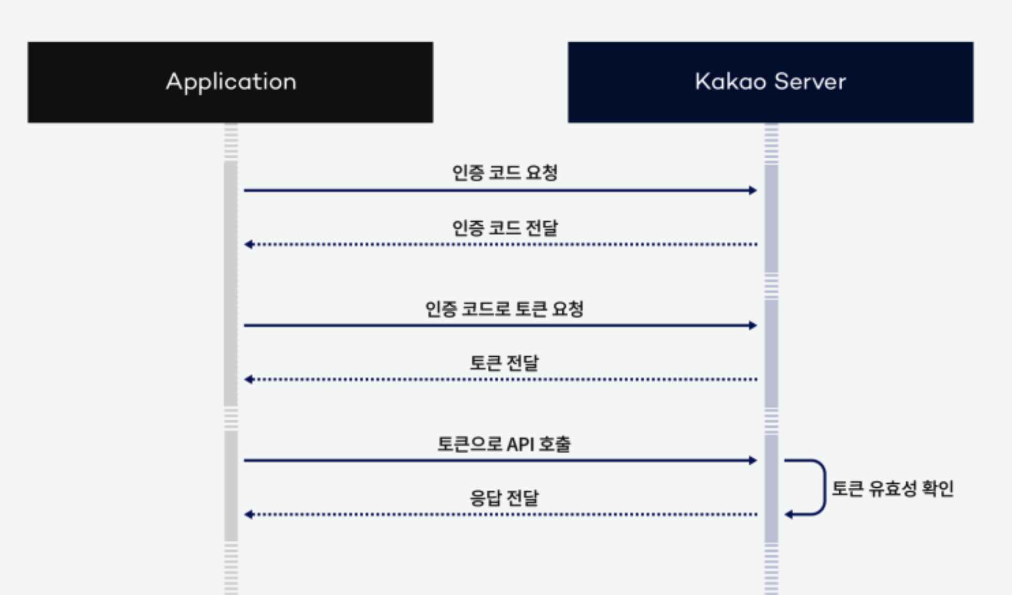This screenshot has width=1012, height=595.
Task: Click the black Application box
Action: pyautogui.click(x=230, y=82)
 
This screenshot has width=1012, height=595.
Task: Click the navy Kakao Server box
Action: pyautogui.click(x=770, y=82)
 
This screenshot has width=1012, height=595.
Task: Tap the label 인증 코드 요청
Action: pyautogui.click(x=504, y=173)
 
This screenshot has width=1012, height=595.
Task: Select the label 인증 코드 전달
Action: pyautogui.click(x=504, y=227)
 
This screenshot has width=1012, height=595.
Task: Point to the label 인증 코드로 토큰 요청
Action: pyautogui.click(x=504, y=309)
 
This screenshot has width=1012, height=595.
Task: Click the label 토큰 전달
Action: pyautogui.click(x=504, y=363)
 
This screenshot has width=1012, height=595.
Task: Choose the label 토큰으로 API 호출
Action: pyautogui.click(x=504, y=444)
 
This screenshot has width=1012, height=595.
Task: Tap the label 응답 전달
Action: pyautogui.click(x=504, y=498)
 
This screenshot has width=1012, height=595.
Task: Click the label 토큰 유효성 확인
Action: pyautogui.click(x=892, y=488)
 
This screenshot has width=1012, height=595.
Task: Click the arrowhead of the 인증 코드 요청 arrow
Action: pyautogui.click(x=753, y=191)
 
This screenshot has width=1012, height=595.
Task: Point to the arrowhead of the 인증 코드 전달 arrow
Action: pyautogui.click(x=249, y=244)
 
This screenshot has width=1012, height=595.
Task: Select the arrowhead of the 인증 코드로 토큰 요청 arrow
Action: pyautogui.click(x=753, y=325)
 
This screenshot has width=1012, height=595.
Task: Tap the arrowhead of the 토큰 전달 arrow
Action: pyautogui.click(x=249, y=379)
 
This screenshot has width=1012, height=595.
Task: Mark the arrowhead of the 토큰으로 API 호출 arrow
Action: pyautogui.click(x=753, y=460)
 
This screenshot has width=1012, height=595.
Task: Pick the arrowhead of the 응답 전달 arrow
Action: pyautogui.click(x=249, y=515)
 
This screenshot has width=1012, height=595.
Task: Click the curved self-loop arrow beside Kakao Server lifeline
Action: pyautogui.click(x=824, y=487)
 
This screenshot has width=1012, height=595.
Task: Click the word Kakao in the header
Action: pyautogui.click(x=730, y=82)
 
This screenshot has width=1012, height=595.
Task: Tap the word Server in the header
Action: pyautogui.click(x=810, y=82)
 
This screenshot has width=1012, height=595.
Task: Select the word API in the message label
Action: pyautogui.click(x=520, y=444)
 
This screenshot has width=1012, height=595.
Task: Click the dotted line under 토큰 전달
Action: pyautogui.click(x=504, y=379)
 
